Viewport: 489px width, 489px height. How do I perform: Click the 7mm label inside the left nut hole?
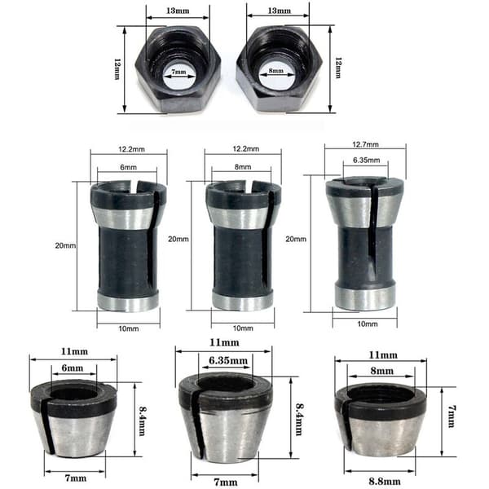click(x=179, y=72)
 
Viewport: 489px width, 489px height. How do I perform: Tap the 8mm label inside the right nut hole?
click(x=276, y=71)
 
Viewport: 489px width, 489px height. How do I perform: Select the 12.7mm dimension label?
click(x=365, y=144)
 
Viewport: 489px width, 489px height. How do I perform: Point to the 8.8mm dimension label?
click(x=385, y=481)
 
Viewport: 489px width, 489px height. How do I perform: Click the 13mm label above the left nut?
click(x=178, y=11)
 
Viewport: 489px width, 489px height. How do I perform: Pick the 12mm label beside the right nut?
click(x=338, y=68)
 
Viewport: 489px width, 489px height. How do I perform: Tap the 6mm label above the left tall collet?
click(x=129, y=167)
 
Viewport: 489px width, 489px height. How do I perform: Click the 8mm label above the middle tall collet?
click(x=243, y=167)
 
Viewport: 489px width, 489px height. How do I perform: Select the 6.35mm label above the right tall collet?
click(x=367, y=161)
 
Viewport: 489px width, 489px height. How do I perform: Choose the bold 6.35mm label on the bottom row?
click(x=228, y=360)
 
